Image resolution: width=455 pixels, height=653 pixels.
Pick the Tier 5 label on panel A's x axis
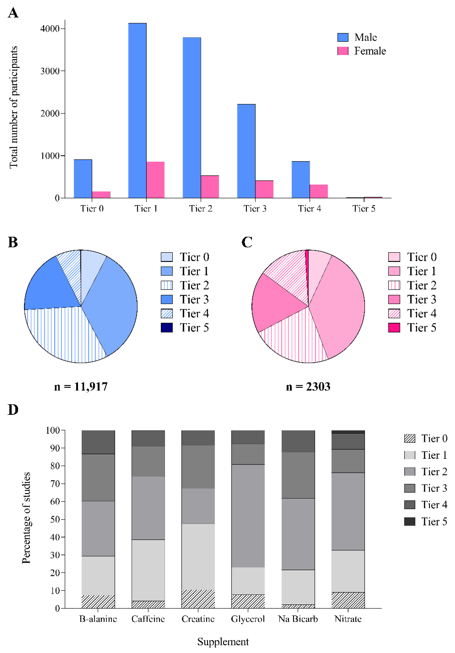coord(364,208)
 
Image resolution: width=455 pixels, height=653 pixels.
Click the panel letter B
coord(13,242)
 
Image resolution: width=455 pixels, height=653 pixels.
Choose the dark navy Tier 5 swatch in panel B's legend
coord(167,328)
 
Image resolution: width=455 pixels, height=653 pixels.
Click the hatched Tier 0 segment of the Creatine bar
coord(198,599)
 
